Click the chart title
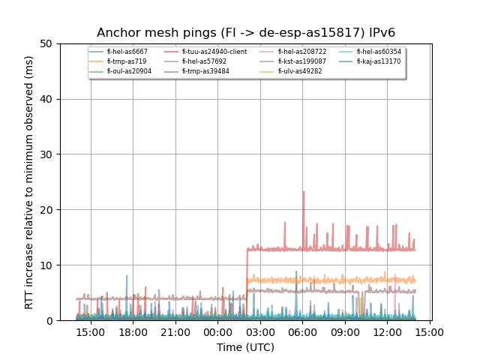[x=246, y=33]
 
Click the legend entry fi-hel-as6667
[x=127, y=52]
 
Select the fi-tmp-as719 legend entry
[x=124, y=61]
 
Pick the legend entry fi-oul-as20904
[x=129, y=71]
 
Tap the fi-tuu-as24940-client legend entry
[x=214, y=52]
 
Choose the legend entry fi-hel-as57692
[x=204, y=61]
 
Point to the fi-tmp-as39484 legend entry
[x=205, y=71]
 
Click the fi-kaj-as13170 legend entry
[x=379, y=61]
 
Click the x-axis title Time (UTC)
[x=246, y=347]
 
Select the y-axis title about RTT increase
[x=29, y=182]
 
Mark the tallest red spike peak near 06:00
[x=304, y=191]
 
